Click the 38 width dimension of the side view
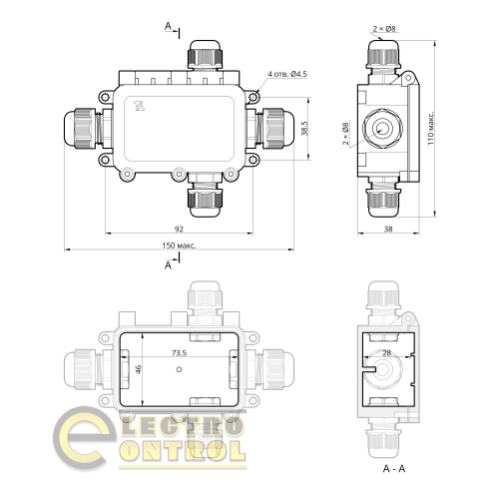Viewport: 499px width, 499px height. tap(387, 230)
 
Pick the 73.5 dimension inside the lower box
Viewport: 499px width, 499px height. tap(180, 352)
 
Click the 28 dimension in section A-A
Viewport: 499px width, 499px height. tap(386, 353)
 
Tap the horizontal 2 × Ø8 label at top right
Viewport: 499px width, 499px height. tap(384, 29)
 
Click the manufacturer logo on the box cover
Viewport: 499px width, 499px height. tap(140, 103)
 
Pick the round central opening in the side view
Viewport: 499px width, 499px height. tap(381, 128)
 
